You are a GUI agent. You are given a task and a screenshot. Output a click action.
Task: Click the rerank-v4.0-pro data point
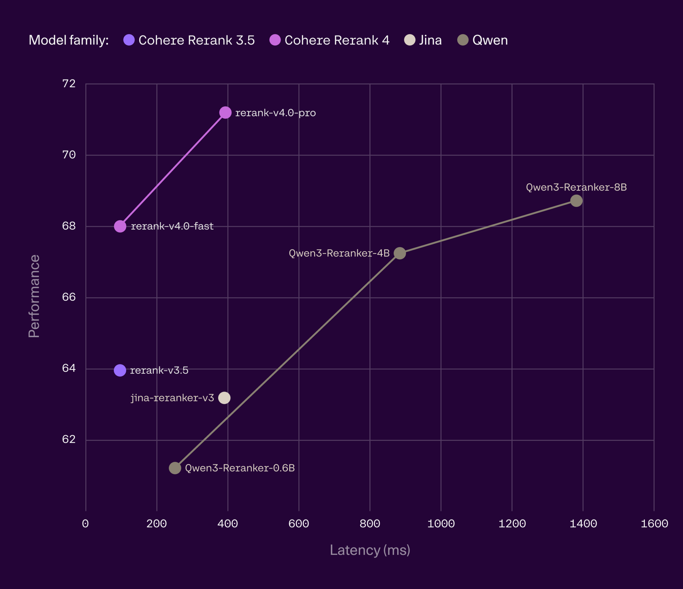tap(225, 113)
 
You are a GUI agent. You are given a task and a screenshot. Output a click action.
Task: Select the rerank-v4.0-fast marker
tap(120, 226)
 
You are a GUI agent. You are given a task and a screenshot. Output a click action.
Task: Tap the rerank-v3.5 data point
tap(120, 370)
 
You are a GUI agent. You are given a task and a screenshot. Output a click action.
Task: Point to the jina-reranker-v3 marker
tap(224, 398)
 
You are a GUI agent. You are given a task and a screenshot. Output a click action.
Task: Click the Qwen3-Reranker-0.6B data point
tap(175, 468)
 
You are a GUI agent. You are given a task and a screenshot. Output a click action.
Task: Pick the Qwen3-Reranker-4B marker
tap(399, 253)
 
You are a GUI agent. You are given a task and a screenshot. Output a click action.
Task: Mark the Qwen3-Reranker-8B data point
tap(576, 200)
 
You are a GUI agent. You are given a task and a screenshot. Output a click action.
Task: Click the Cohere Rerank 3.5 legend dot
tap(129, 40)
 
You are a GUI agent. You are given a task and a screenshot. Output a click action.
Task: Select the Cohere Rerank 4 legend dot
tap(275, 40)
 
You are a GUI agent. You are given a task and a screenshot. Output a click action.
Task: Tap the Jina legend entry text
tap(430, 40)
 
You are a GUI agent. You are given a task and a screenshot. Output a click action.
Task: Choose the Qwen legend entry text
tap(490, 40)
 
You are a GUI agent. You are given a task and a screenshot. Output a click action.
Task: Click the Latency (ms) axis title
tap(370, 550)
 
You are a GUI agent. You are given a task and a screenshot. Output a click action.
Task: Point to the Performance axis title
tap(34, 296)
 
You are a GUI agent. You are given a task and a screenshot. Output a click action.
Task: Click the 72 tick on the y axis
tap(69, 84)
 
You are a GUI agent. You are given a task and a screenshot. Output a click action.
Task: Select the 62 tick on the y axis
tap(69, 439)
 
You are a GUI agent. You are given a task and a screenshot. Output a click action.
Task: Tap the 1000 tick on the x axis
tap(441, 524)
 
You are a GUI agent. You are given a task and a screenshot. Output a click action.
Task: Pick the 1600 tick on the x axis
tap(654, 524)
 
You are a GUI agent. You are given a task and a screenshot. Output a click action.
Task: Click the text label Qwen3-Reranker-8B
tap(576, 187)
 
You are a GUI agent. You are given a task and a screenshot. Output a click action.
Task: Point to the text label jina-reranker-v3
tap(172, 398)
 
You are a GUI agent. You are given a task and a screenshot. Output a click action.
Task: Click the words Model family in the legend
tap(69, 40)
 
